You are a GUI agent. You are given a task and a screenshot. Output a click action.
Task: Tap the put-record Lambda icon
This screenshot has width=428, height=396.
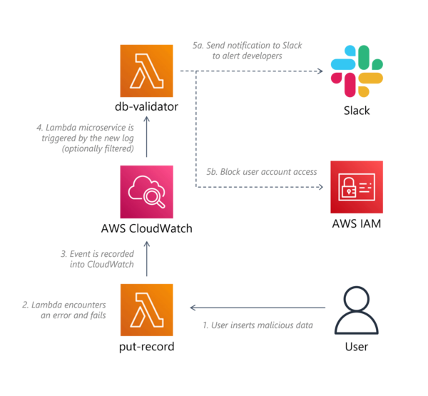(147, 309)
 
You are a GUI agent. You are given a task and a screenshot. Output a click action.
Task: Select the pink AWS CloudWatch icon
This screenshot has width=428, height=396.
(147, 191)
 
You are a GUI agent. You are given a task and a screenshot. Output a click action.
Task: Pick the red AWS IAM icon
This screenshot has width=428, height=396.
(356, 187)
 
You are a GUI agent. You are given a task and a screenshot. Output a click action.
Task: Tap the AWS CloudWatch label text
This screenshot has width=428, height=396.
(147, 230)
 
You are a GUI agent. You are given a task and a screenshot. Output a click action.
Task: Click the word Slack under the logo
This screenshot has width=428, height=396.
(356, 111)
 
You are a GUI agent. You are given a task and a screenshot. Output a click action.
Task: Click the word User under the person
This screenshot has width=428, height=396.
(356, 347)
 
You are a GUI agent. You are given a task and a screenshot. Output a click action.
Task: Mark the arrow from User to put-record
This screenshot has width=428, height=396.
(257, 308)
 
